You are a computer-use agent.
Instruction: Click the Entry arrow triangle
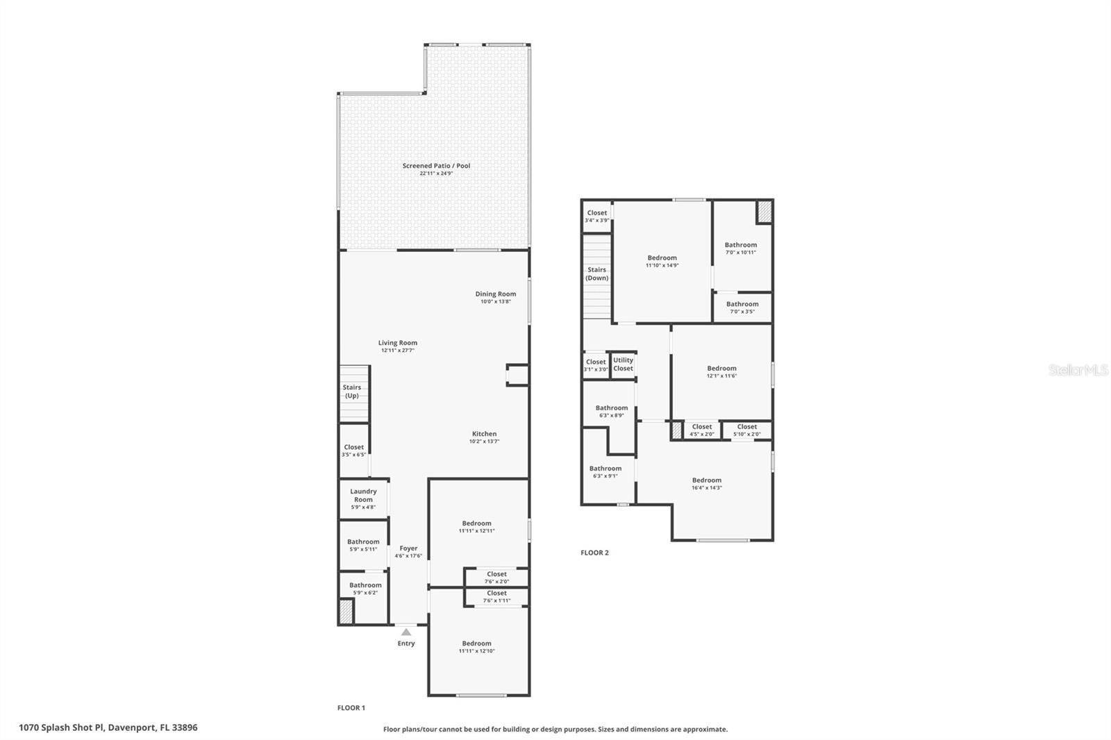[x=406, y=632]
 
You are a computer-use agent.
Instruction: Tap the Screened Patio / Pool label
[x=436, y=166]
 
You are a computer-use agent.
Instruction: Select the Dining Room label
[x=495, y=294]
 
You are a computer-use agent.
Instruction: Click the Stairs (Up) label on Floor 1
[x=352, y=392]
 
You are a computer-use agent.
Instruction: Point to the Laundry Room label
[x=363, y=495]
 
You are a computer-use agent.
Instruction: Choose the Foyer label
[x=408, y=548]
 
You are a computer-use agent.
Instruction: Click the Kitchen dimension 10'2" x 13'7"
[x=484, y=442]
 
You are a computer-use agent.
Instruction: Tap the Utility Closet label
[x=623, y=364]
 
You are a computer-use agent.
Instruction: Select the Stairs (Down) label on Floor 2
[x=596, y=274]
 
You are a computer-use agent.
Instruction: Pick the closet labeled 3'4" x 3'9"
[x=596, y=217]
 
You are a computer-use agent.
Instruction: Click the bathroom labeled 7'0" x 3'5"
[x=742, y=308]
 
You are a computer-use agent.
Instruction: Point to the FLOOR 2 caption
[x=594, y=553]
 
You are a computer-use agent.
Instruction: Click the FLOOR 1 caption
[x=351, y=708]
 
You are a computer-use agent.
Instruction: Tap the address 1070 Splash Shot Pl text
[x=108, y=728]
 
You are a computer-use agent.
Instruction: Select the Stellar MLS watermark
[x=1078, y=371]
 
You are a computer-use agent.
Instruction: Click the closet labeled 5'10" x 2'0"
[x=747, y=430]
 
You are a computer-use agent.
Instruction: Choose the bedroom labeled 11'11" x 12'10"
[x=476, y=647]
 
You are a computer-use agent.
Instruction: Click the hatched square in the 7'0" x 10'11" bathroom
[x=764, y=212]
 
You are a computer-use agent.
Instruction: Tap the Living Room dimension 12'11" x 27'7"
[x=397, y=351]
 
